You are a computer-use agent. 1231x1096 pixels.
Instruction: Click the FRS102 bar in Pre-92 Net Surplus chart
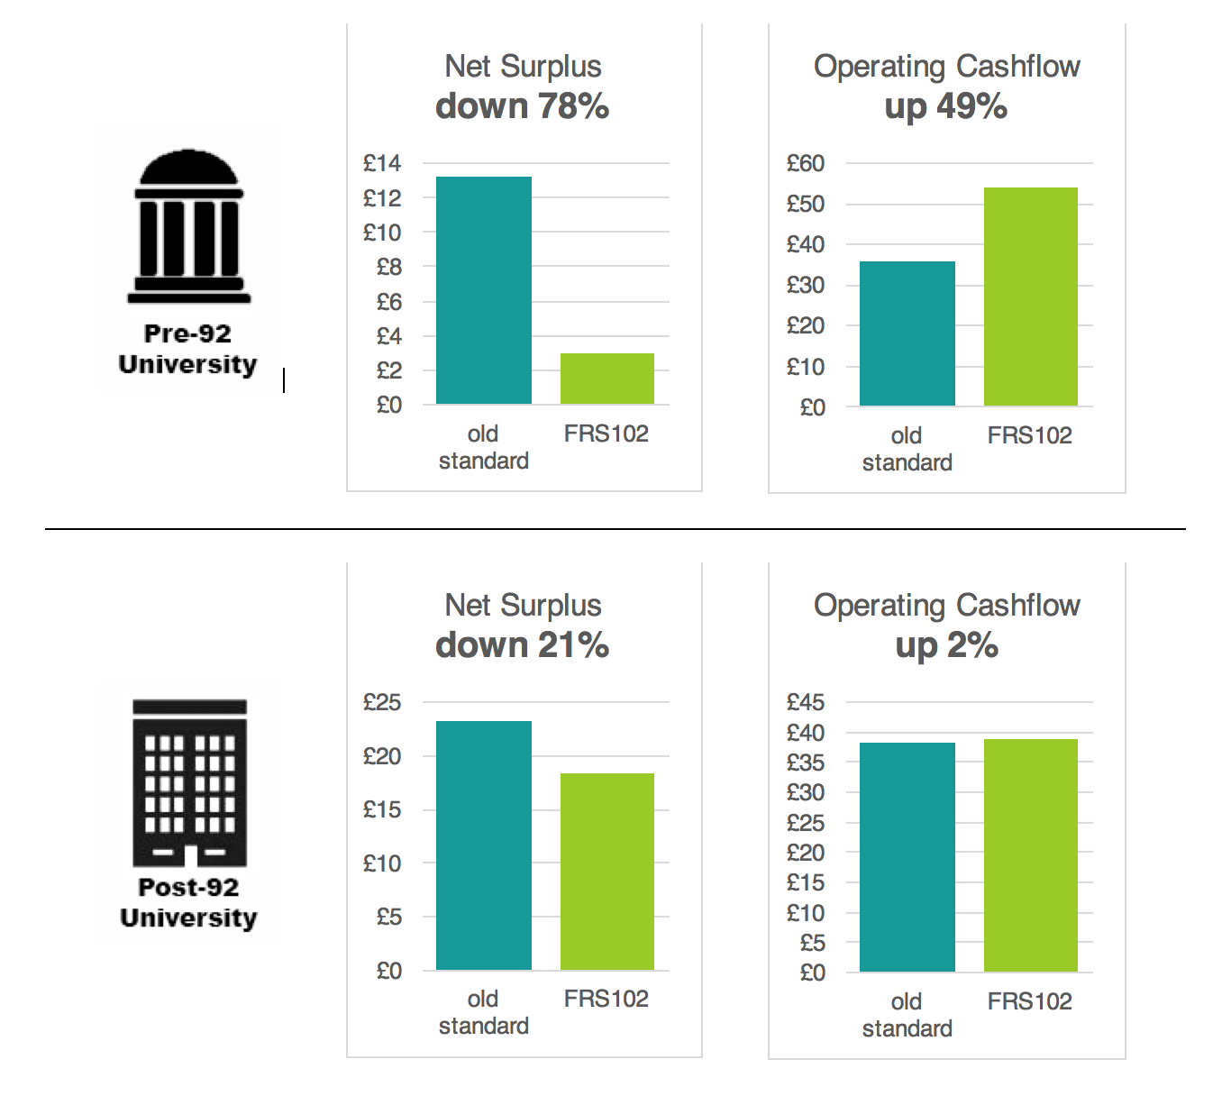pyautogui.click(x=606, y=379)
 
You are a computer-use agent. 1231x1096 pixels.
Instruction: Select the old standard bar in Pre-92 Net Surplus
pyautogui.click(x=483, y=290)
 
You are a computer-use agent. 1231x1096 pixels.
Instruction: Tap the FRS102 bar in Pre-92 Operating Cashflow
pyautogui.click(x=1030, y=297)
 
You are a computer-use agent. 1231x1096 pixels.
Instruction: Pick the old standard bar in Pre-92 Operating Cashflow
pyautogui.click(x=907, y=333)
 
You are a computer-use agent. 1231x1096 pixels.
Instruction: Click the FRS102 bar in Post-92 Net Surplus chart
pyautogui.click(x=606, y=872)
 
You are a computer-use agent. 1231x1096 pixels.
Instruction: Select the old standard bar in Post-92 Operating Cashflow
pyautogui.click(x=907, y=857)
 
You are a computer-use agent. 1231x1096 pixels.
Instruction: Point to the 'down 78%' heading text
pyautogui.click(x=523, y=106)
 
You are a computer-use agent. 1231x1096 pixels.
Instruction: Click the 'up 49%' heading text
pyautogui.click(x=946, y=106)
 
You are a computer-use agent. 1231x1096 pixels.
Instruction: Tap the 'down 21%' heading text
pyautogui.click(x=523, y=645)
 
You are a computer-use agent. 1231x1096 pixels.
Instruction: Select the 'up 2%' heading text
pyautogui.click(x=946, y=645)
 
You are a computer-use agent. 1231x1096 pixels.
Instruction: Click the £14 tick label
pyautogui.click(x=382, y=163)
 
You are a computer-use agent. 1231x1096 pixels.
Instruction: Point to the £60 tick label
pyautogui.click(x=805, y=163)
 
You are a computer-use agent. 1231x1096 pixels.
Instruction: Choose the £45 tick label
pyautogui.click(x=805, y=702)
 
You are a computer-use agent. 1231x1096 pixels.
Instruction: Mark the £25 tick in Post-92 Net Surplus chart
pyautogui.click(x=382, y=702)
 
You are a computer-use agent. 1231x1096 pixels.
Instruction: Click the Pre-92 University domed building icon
pyautogui.click(x=189, y=227)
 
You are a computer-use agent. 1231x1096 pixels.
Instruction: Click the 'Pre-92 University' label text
pyautogui.click(x=187, y=349)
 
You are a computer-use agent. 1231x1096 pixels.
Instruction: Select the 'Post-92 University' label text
pyautogui.click(x=188, y=902)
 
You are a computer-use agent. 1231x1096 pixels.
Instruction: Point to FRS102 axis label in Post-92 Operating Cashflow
pyautogui.click(x=1030, y=1001)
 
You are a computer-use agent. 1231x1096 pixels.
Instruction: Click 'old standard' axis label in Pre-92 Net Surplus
pyautogui.click(x=483, y=447)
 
